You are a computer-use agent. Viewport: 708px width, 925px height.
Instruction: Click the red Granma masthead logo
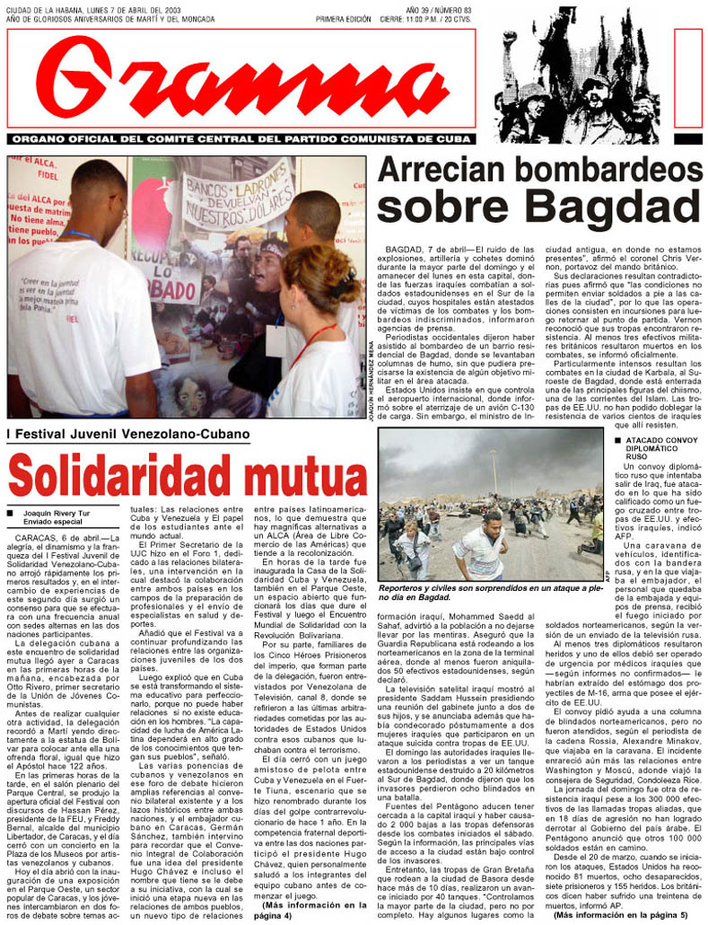[x=242, y=81]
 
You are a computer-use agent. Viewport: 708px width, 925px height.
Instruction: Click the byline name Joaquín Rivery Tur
[x=57, y=513]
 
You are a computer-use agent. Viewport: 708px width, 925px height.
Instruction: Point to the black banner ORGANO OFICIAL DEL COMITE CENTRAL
[x=243, y=139]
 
